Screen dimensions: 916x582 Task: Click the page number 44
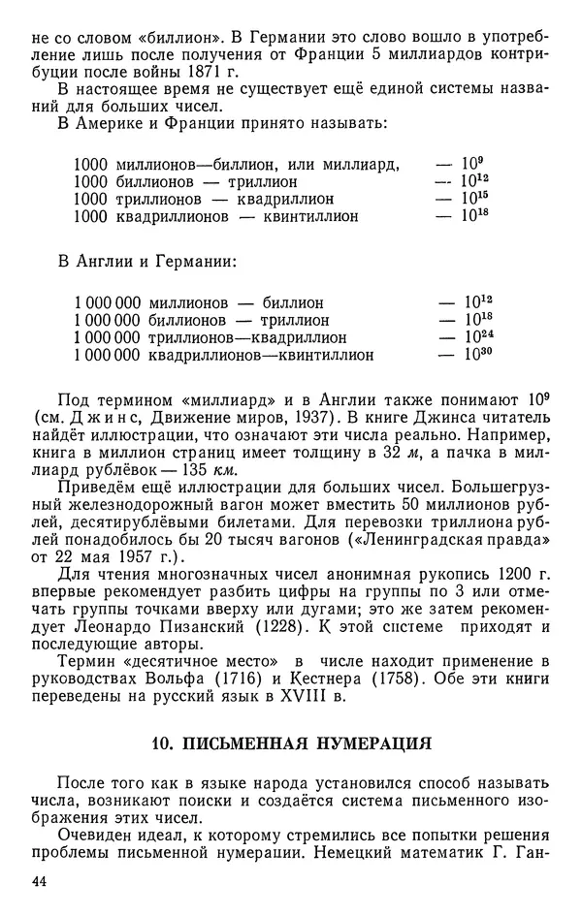41,880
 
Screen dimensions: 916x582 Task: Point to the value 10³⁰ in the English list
473,354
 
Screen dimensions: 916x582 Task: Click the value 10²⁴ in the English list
473,336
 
